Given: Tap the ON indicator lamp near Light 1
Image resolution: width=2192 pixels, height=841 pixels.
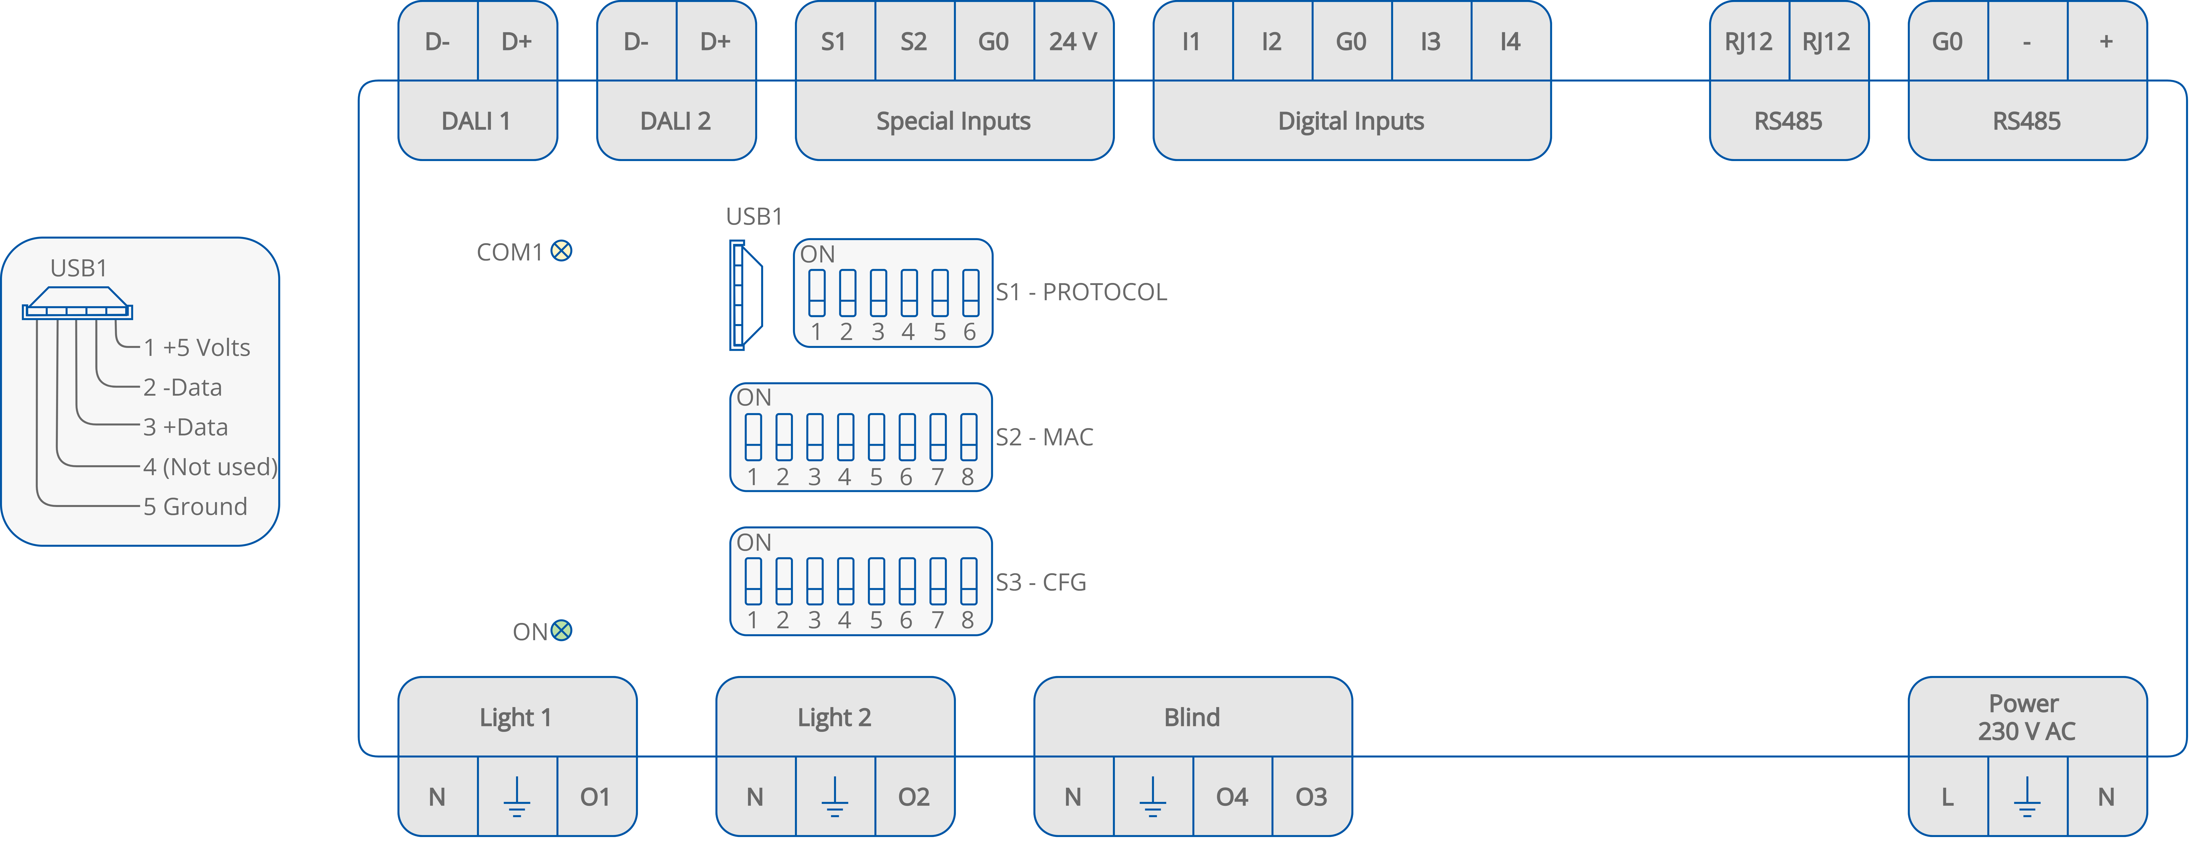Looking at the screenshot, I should point(562,631).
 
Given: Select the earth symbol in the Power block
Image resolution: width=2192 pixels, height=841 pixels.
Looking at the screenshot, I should point(2027,797).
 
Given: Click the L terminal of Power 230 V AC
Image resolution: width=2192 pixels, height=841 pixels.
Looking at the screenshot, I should point(1948,797).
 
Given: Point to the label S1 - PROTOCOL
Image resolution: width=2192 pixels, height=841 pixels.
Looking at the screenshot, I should point(1081,292).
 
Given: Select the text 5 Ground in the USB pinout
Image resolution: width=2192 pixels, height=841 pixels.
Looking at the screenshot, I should point(195,507).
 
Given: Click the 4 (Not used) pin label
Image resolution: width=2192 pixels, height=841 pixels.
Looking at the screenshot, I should point(209,467).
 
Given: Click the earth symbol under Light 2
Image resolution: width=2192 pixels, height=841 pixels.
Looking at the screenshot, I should point(835,797).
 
